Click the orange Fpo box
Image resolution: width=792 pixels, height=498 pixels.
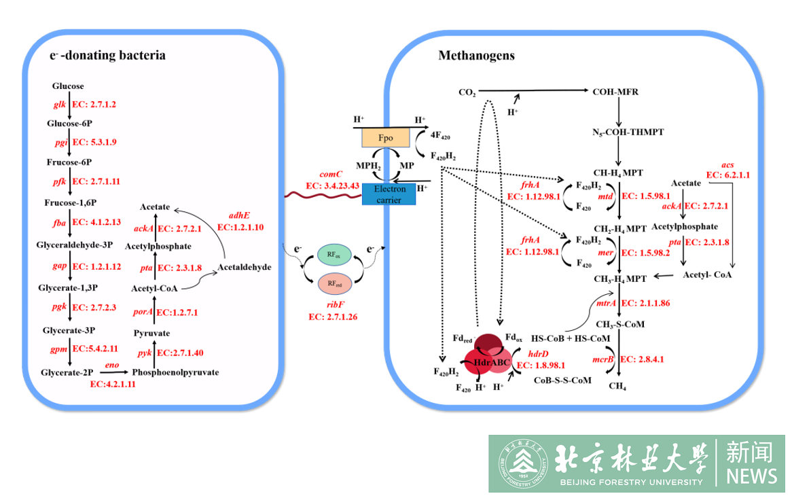pyautogui.click(x=384, y=138)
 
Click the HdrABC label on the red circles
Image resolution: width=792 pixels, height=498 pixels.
pyautogui.click(x=491, y=362)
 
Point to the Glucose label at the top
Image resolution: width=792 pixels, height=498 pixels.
pyautogui.click(x=68, y=86)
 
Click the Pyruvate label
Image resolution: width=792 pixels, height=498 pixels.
pyautogui.click(x=151, y=333)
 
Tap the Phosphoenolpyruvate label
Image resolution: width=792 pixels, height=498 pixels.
pyautogui.click(x=175, y=372)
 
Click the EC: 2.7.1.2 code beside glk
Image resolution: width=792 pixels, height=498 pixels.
pyautogui.click(x=94, y=105)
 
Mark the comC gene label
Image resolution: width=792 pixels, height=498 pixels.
pyautogui.click(x=331, y=175)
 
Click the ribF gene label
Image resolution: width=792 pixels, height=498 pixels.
pyautogui.click(x=332, y=305)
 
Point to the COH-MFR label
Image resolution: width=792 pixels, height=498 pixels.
pyautogui.click(x=615, y=92)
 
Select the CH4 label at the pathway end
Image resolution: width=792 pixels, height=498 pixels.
pyautogui.click(x=617, y=386)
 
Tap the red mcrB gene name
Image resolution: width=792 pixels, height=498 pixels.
pyautogui.click(x=602, y=359)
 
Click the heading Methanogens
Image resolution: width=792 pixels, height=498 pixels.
pyautogui.click(x=476, y=56)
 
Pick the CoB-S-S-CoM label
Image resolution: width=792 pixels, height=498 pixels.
pyautogui.click(x=563, y=380)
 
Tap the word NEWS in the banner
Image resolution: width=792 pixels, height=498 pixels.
pyautogui.click(x=751, y=476)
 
